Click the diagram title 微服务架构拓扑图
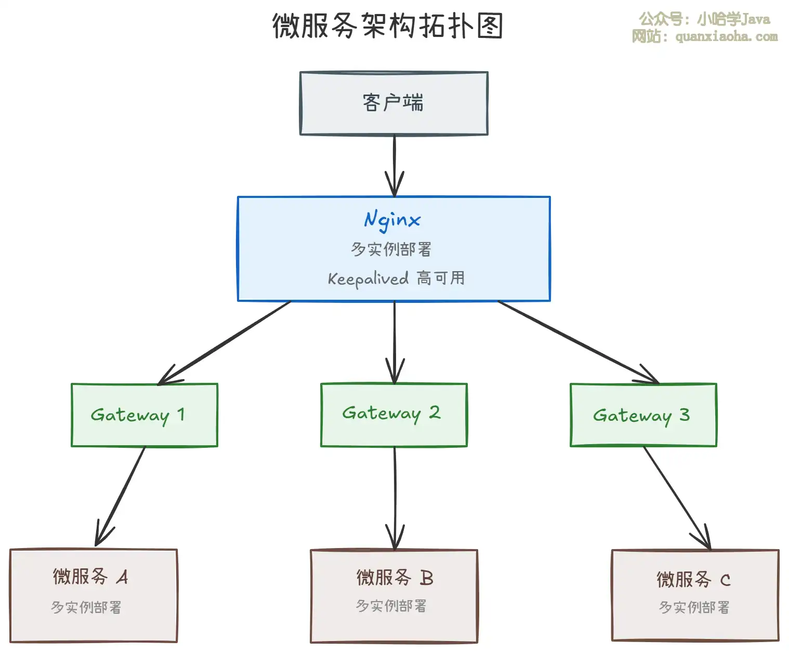pos(388,26)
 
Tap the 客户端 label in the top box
pos(393,102)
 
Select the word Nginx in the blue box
pos(392,220)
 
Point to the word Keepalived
pos(368,279)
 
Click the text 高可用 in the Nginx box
pos(441,278)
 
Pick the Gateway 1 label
pos(138,415)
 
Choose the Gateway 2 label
pos(391,413)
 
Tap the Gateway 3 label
pos(641,416)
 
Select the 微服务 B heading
pos(394,578)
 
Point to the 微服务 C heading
pos(693,579)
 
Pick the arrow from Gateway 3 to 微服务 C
pos(676,496)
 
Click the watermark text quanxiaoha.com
pos(726,37)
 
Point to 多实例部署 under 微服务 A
pos(86,607)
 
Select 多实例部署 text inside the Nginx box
pos(391,249)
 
